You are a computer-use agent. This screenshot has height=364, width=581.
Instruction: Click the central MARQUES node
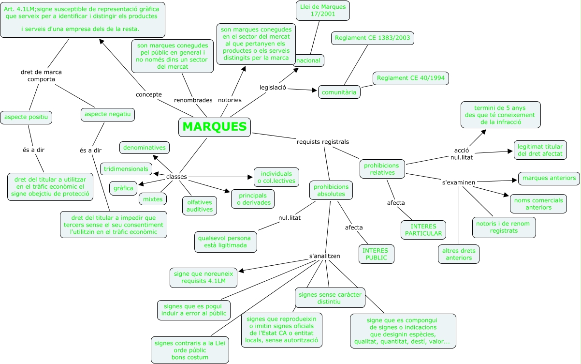(215, 127)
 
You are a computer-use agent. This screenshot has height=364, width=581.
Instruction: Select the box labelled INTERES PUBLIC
(375, 254)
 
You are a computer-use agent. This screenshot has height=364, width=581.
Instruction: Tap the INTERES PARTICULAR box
(423, 230)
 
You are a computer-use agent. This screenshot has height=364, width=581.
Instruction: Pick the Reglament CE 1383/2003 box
(373, 38)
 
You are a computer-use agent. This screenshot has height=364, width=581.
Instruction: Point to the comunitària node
(339, 91)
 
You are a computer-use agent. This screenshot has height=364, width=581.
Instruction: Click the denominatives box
(144, 147)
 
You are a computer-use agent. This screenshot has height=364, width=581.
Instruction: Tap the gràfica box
(123, 188)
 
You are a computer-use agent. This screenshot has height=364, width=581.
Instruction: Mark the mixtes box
(153, 198)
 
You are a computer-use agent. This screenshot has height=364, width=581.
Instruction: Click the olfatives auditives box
(200, 205)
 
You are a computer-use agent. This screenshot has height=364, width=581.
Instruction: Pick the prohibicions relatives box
(382, 168)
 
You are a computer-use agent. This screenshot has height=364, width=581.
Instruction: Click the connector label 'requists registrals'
(322, 142)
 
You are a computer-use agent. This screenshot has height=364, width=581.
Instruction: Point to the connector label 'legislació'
(273, 88)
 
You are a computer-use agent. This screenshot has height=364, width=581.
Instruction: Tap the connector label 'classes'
(176, 177)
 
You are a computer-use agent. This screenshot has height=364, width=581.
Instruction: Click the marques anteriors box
(549, 178)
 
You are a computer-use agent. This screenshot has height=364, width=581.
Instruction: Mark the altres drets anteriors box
(459, 254)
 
